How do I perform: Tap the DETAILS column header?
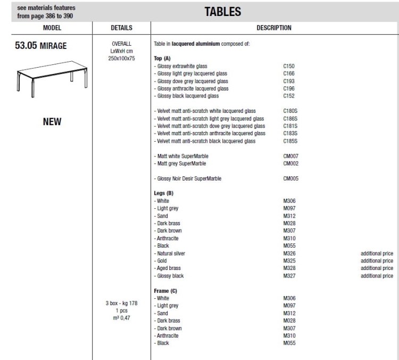point(121,27)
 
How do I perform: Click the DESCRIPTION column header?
point(274,27)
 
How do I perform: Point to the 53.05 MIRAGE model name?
point(40,46)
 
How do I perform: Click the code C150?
point(289,66)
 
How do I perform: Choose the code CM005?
point(291,178)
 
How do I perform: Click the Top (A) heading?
point(162,58)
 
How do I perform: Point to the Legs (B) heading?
point(164,193)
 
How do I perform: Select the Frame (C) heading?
point(165,291)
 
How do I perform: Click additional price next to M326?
point(377,253)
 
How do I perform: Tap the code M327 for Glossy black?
point(290,276)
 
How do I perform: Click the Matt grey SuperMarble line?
point(181,163)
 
